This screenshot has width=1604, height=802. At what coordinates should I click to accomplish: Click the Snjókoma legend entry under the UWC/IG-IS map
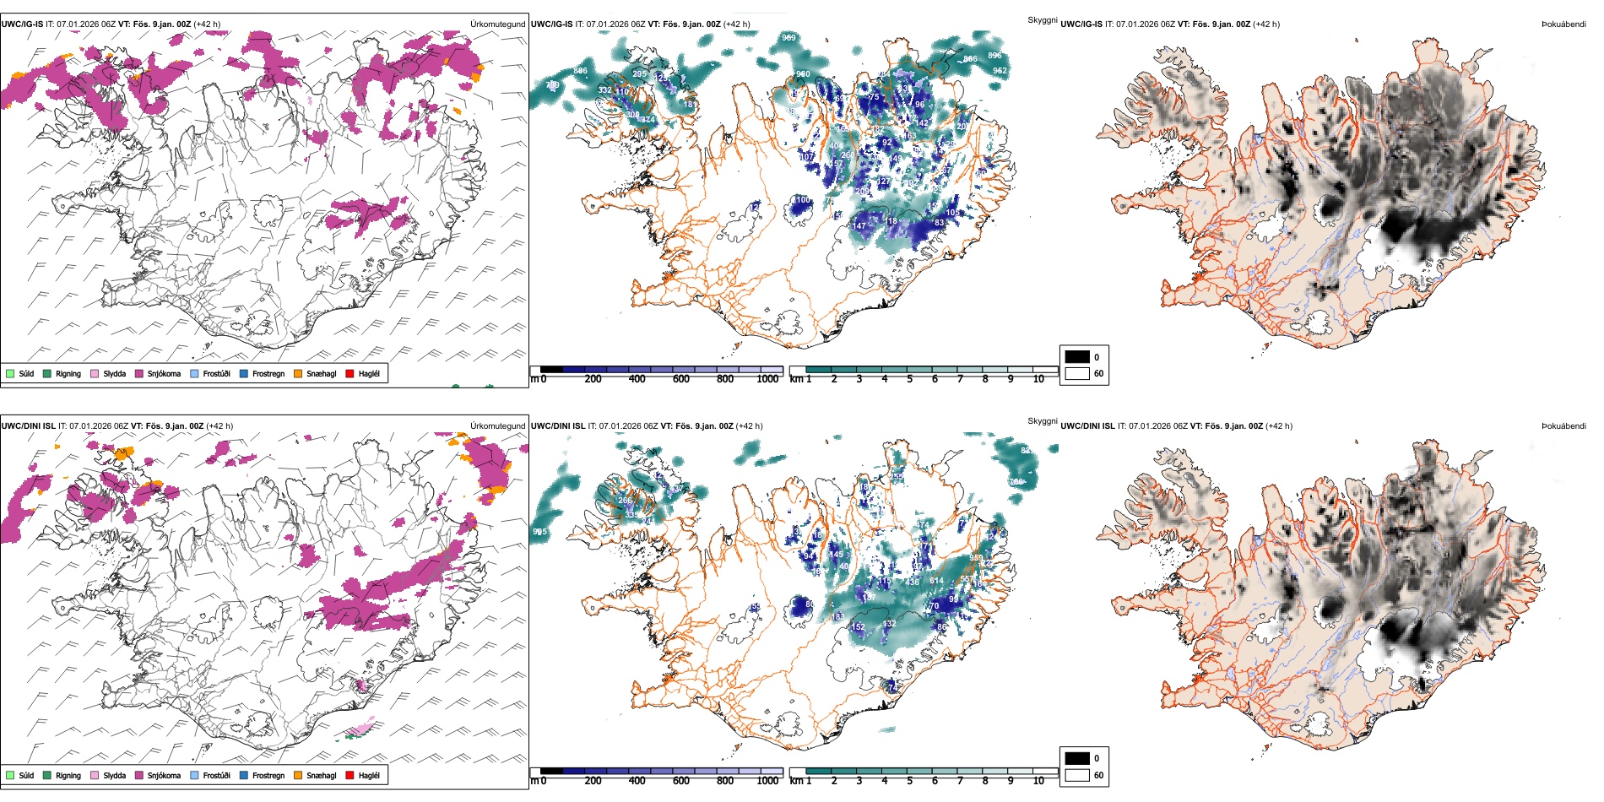click(x=158, y=373)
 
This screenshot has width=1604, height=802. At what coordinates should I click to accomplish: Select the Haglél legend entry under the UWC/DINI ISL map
click(x=363, y=775)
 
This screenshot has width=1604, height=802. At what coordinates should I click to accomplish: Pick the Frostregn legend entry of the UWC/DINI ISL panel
click(x=262, y=775)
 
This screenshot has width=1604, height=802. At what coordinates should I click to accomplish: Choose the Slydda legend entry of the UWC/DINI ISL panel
click(x=108, y=775)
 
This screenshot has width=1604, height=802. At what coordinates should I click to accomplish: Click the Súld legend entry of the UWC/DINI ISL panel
click(x=20, y=775)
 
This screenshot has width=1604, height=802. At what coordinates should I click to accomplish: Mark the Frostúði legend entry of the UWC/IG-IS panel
click(x=210, y=373)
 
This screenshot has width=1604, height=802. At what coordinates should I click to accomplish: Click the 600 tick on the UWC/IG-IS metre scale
click(x=681, y=379)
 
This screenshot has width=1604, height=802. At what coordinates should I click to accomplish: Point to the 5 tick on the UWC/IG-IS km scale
click(x=909, y=379)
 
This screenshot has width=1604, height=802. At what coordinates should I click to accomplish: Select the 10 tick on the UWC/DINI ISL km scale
click(x=1038, y=781)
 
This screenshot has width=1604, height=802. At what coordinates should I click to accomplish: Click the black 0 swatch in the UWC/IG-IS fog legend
click(x=1077, y=357)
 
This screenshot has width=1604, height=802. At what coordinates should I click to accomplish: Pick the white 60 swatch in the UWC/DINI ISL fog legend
click(x=1077, y=775)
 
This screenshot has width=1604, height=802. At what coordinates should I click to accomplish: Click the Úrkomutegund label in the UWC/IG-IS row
click(x=497, y=24)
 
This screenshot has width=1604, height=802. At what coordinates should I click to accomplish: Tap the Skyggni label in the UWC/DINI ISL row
click(x=1042, y=421)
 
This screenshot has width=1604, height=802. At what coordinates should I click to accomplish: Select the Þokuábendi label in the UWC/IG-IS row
click(x=1563, y=24)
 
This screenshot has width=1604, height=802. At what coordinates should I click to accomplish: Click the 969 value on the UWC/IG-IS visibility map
click(x=788, y=38)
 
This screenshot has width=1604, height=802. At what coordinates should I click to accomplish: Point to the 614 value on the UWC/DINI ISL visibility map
click(x=936, y=581)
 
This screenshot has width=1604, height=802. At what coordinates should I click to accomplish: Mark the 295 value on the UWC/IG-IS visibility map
click(x=639, y=74)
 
